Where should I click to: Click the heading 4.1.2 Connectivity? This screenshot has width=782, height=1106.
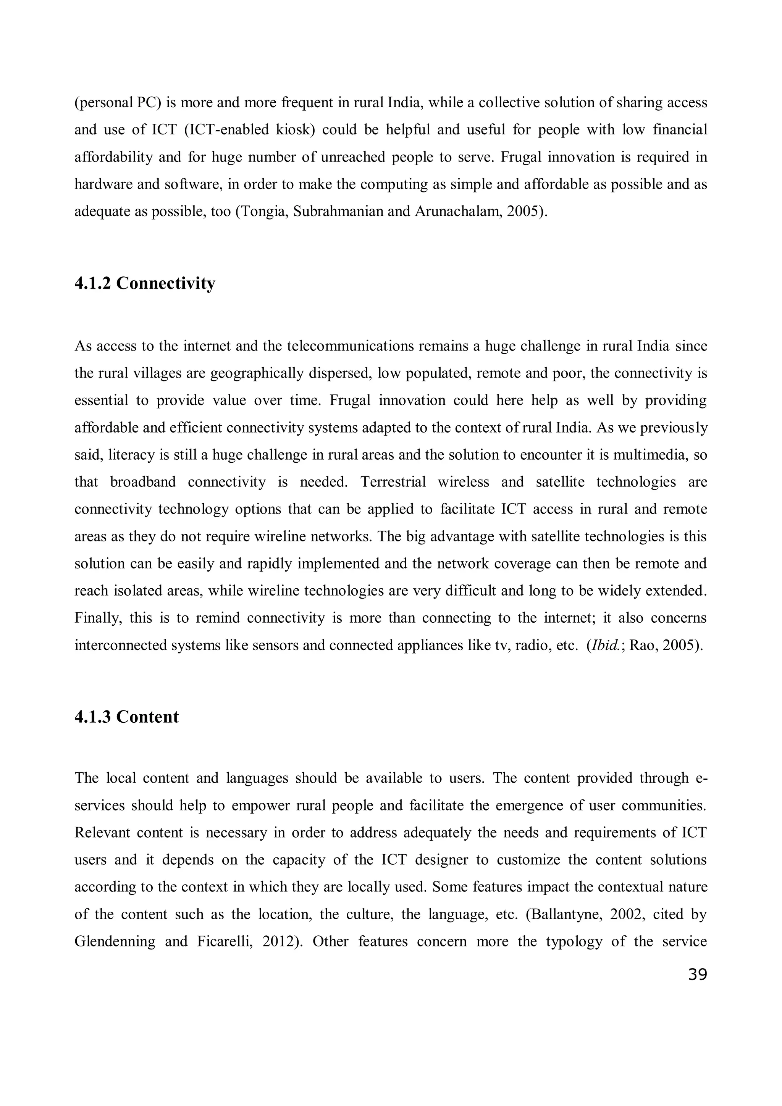click(145, 284)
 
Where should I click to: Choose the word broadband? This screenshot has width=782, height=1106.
click(143, 482)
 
